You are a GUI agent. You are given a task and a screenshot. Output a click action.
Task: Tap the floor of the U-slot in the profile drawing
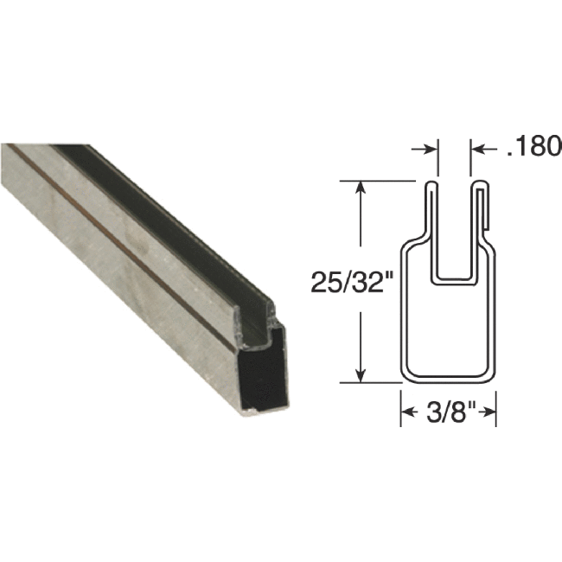[x=454, y=280]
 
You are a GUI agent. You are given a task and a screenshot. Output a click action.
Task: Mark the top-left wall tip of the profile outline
[x=429, y=183]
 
